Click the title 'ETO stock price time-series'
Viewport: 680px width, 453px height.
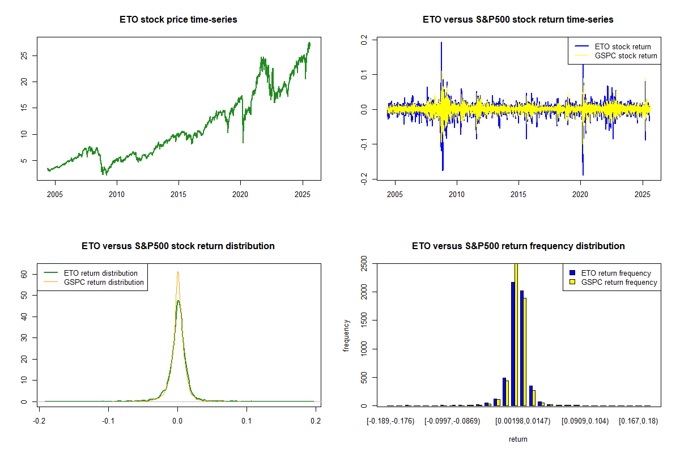click(178, 20)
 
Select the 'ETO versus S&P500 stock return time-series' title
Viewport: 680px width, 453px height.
click(518, 20)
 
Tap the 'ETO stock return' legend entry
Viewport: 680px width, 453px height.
click(622, 46)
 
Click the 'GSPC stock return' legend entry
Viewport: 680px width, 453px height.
click(626, 56)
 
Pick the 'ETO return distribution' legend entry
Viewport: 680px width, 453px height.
click(101, 273)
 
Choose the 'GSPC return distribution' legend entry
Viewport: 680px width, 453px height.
click(104, 282)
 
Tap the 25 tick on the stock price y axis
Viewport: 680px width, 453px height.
click(23, 55)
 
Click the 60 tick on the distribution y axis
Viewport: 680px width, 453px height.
click(23, 273)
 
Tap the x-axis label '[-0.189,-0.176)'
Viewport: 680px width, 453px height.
click(390, 421)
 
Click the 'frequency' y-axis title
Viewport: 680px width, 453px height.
click(347, 335)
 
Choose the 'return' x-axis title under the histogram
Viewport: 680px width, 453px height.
click(518, 439)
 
